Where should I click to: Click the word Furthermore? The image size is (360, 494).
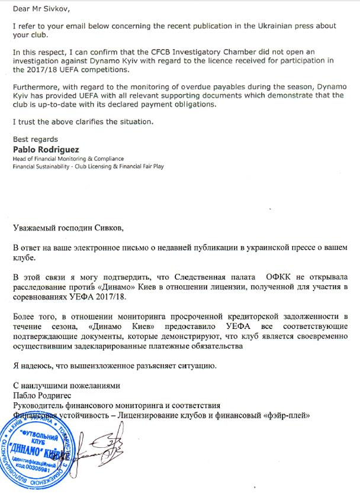click(35, 87)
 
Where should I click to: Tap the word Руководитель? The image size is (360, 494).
click(42, 406)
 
